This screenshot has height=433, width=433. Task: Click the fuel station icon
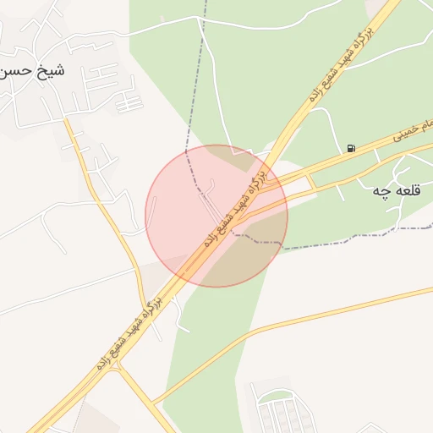coord(351,149)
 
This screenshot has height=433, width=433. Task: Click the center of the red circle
coord(216,216)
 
